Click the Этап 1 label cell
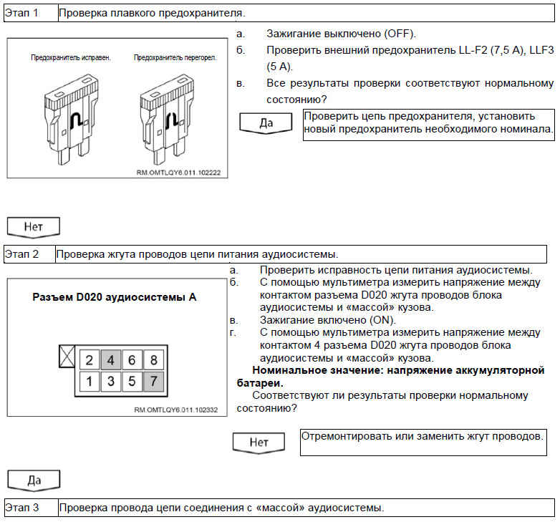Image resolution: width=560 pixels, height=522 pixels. pyautogui.click(x=27, y=13)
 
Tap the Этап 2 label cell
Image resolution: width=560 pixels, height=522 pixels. pyautogui.click(x=27, y=253)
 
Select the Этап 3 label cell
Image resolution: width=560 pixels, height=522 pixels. pyautogui.click(x=27, y=508)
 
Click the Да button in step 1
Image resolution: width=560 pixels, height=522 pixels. pyautogui.click(x=266, y=122)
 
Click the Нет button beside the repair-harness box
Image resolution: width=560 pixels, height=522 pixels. pyautogui.click(x=259, y=442)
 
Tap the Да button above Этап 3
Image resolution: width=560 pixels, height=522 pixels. pyautogui.click(x=34, y=480)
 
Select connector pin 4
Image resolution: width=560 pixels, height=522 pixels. pyautogui.click(x=111, y=360)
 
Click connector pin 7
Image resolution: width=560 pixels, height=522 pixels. pyautogui.click(x=154, y=382)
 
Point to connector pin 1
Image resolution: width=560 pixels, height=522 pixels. pyautogui.click(x=89, y=382)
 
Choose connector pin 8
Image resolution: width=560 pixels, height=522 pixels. pyautogui.click(x=154, y=360)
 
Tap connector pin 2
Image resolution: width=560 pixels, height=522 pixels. pyautogui.click(x=89, y=360)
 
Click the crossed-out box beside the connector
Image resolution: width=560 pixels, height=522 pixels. pyautogui.click(x=67, y=357)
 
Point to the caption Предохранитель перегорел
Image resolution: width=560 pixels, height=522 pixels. pyautogui.click(x=166, y=57)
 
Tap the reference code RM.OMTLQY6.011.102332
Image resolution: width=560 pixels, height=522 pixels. pyautogui.click(x=175, y=410)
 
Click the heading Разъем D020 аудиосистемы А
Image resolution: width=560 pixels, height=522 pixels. pyautogui.click(x=115, y=296)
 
